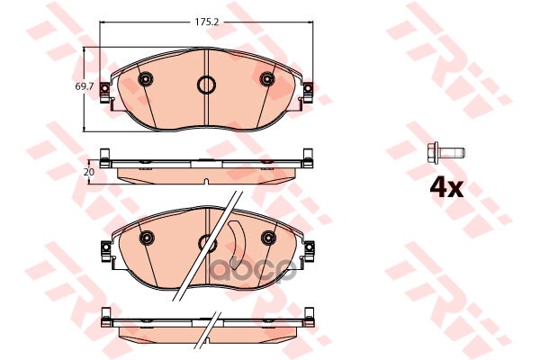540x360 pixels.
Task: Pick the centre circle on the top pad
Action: tap(206, 86)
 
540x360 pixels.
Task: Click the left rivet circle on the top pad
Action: tap(145, 81)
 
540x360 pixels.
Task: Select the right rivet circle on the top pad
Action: tap(266, 81)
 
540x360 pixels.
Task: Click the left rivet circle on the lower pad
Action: tap(146, 238)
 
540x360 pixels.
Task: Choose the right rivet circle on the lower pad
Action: tap(266, 238)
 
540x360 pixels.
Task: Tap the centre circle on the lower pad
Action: tap(206, 241)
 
